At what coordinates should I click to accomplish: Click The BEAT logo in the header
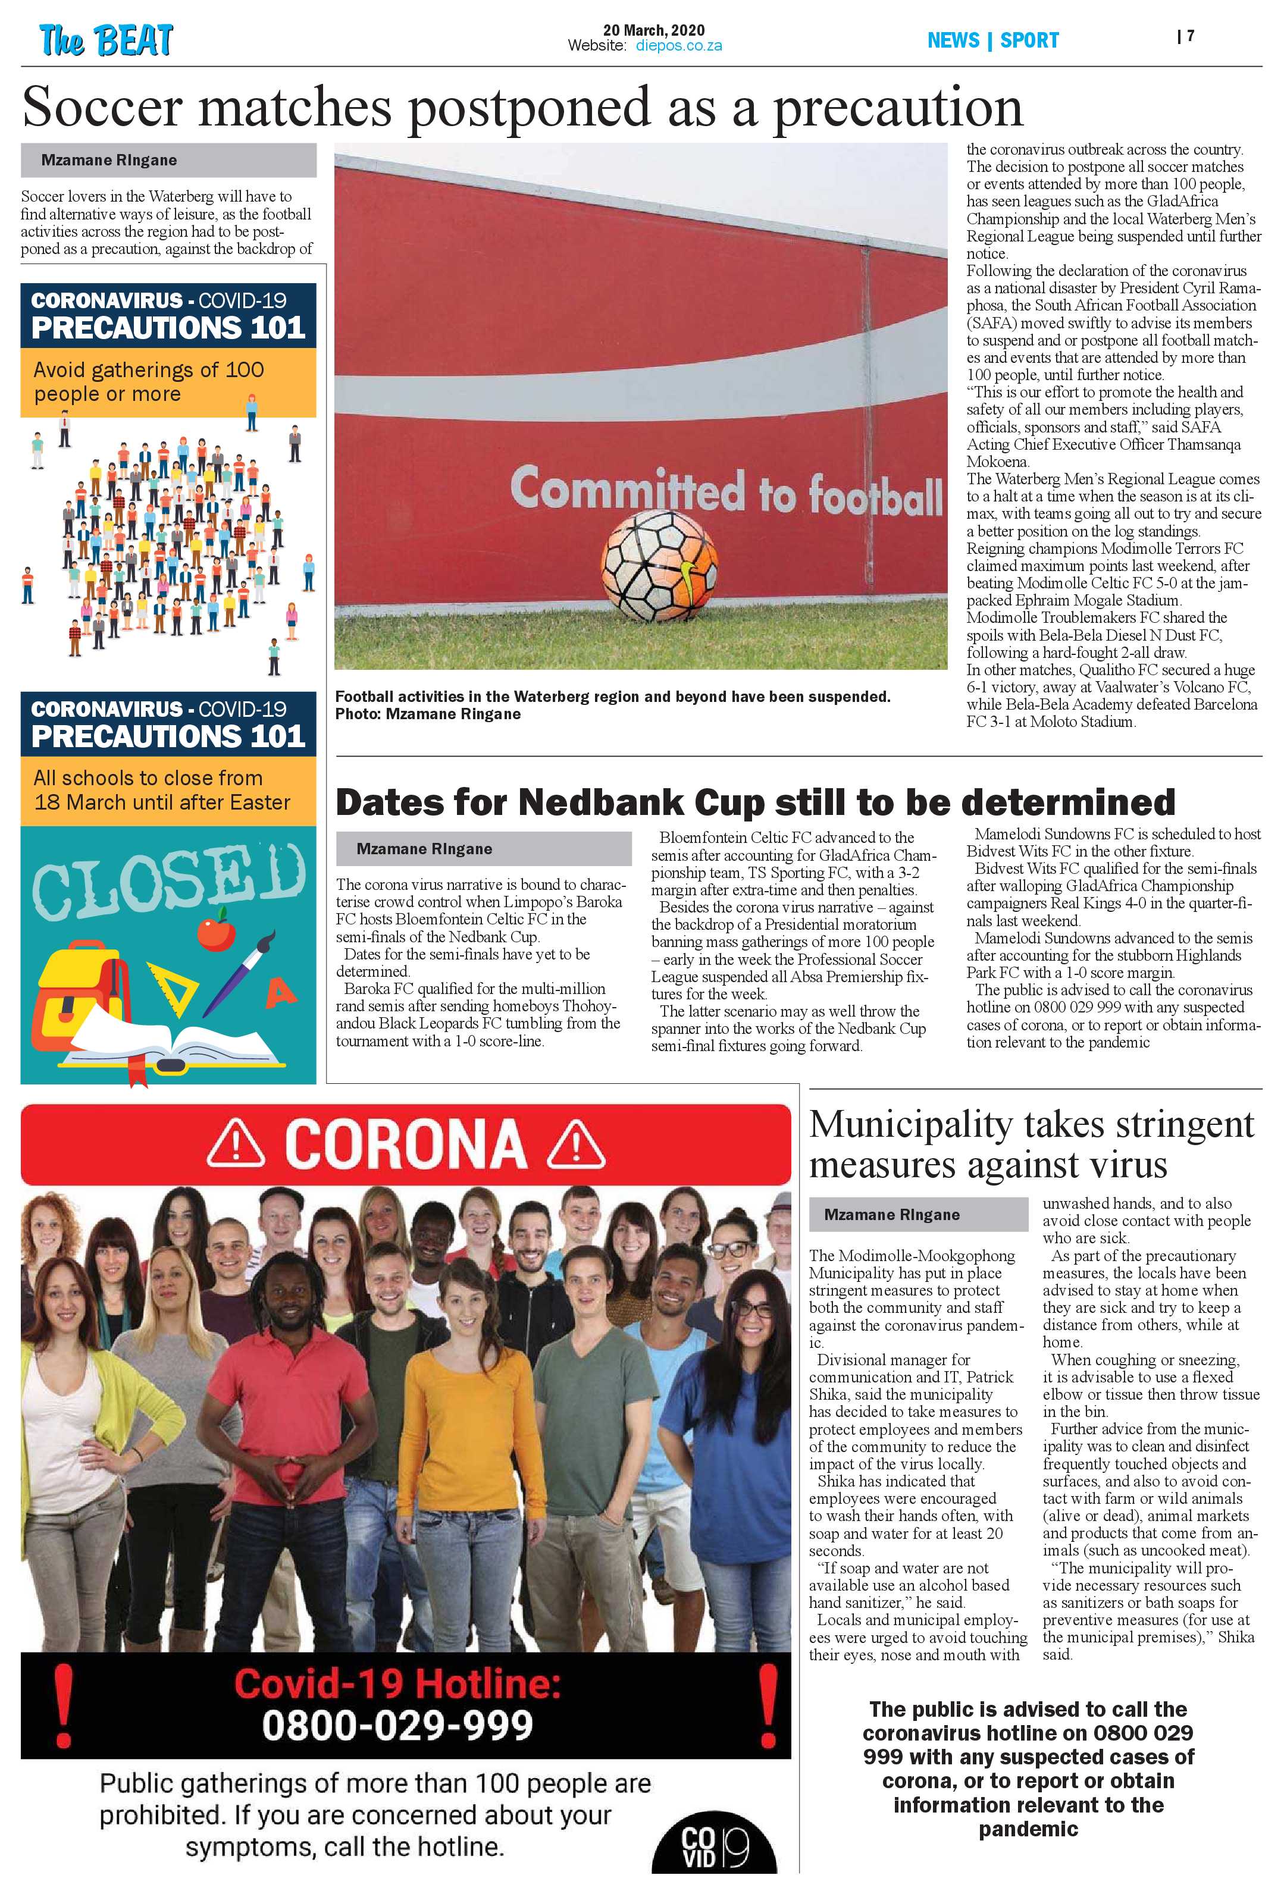point(106,40)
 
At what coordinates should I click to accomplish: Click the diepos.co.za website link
point(678,46)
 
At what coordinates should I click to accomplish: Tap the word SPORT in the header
point(1029,40)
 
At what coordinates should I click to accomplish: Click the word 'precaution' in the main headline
point(897,108)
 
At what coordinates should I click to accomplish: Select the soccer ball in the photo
point(659,566)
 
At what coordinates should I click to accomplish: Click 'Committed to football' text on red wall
point(726,491)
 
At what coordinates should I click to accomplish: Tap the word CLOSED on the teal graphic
point(169,880)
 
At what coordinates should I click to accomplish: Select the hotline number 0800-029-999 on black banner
point(397,1724)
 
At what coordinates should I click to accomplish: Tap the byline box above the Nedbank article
point(483,848)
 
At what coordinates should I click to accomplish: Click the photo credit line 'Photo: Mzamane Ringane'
point(427,714)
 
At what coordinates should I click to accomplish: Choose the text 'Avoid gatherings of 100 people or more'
point(149,382)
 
